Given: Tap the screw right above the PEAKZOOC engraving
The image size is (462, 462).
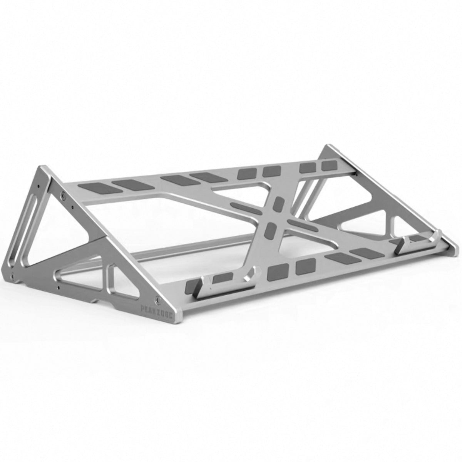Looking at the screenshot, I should pyautogui.click(x=157, y=298).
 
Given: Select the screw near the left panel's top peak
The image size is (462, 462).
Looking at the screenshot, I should pyautogui.click(x=63, y=195).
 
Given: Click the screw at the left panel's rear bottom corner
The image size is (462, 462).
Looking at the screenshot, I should pyautogui.click(x=13, y=276).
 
